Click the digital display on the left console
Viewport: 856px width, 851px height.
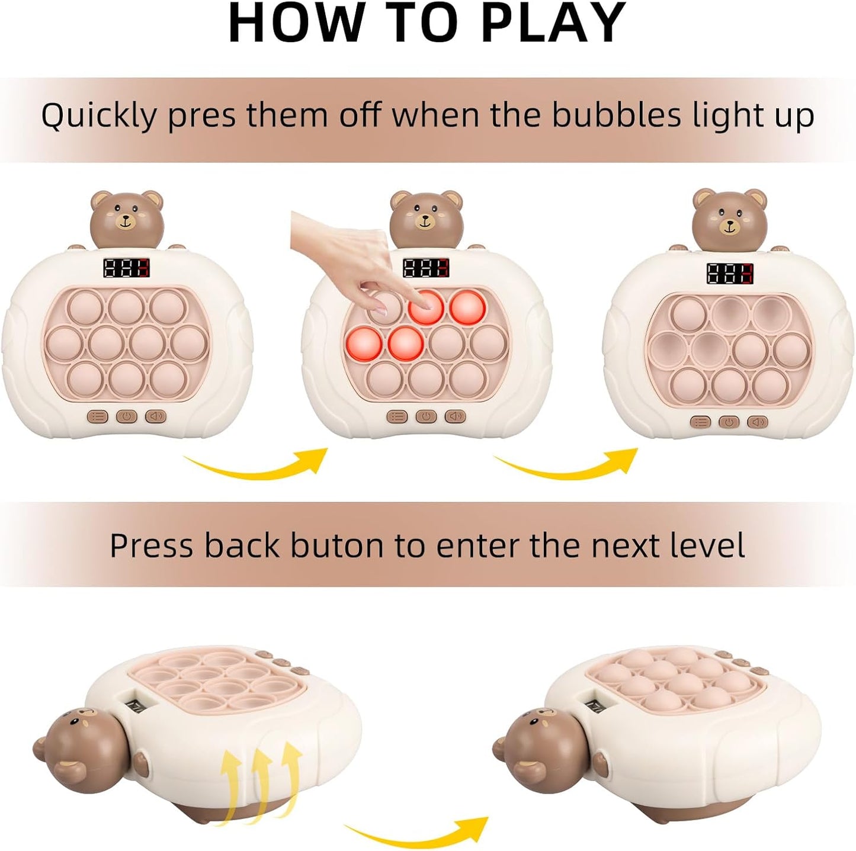pos(127,268)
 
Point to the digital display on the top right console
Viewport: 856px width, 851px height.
pos(730,274)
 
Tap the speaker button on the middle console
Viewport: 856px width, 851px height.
pos(456,416)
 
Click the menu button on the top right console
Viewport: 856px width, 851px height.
pos(701,422)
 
